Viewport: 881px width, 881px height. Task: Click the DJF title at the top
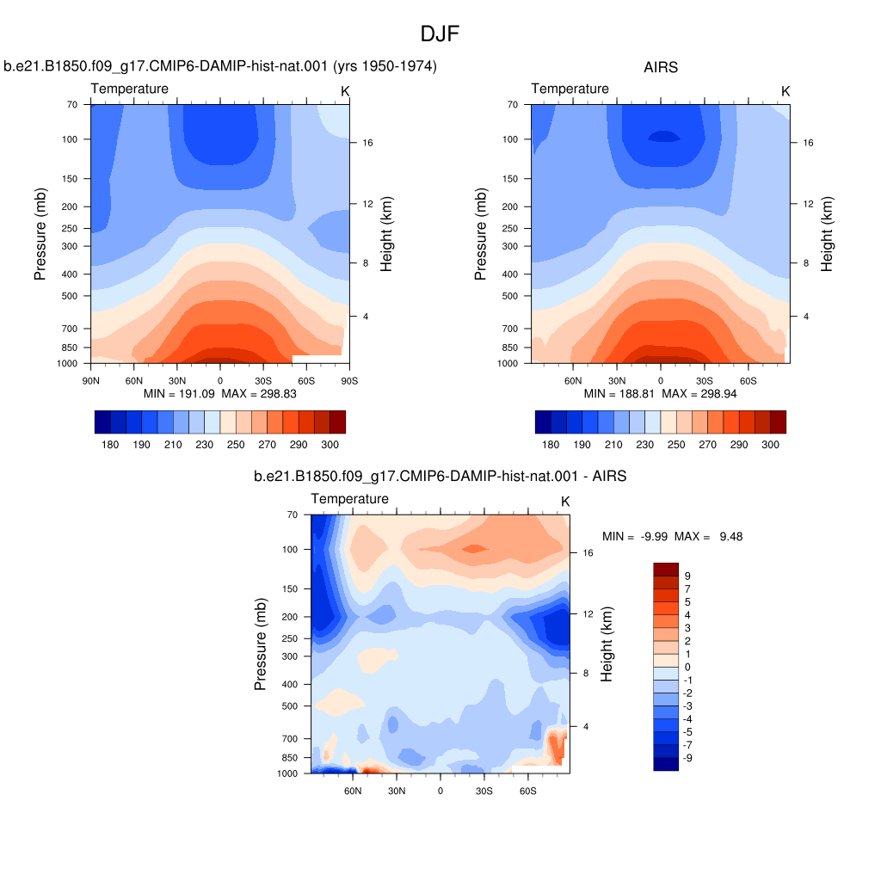pos(440,34)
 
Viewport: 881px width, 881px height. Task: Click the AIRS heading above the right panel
pos(661,67)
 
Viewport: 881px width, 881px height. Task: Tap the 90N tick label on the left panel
pos(91,381)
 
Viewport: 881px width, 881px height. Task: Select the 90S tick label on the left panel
pos(349,381)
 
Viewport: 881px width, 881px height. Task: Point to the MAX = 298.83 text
pos(259,394)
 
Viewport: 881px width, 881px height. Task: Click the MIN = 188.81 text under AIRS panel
pos(619,394)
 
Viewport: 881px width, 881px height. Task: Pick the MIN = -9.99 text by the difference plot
pos(635,537)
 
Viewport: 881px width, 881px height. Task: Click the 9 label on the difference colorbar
pos(687,576)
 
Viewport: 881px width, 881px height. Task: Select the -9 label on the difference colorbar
pos(687,758)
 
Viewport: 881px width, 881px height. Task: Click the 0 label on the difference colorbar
pos(687,667)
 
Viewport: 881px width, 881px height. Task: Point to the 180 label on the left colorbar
pos(110,445)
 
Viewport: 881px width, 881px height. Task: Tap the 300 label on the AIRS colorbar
pos(770,445)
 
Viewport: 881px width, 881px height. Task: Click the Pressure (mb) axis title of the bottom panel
pos(260,644)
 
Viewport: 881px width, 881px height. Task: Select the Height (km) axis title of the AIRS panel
pos(826,234)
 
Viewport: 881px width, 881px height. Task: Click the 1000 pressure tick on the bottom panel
pos(287,773)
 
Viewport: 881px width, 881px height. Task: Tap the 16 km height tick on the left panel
pos(367,143)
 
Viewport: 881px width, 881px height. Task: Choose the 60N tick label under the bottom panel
pos(353,792)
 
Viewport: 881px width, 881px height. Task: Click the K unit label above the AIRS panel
pos(786,91)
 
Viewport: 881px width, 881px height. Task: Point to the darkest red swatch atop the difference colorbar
pos(666,570)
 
